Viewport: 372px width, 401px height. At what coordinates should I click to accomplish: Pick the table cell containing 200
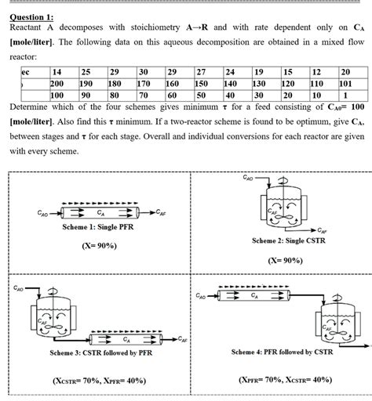[x=57, y=83]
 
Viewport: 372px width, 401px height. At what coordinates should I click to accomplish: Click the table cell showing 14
[x=57, y=72]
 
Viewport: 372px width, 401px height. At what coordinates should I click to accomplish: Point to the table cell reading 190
[x=86, y=83]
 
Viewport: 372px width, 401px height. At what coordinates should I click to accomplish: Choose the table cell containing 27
[x=201, y=72]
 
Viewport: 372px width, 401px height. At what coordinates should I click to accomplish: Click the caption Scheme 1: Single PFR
[x=100, y=227]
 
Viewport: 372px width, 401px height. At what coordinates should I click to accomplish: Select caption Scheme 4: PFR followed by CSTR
[x=282, y=352]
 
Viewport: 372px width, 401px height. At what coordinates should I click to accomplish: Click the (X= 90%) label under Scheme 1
[x=99, y=245]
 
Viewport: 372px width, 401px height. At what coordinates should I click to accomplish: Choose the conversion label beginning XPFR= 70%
[x=285, y=380]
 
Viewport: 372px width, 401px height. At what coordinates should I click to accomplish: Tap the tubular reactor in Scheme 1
[x=100, y=212]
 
